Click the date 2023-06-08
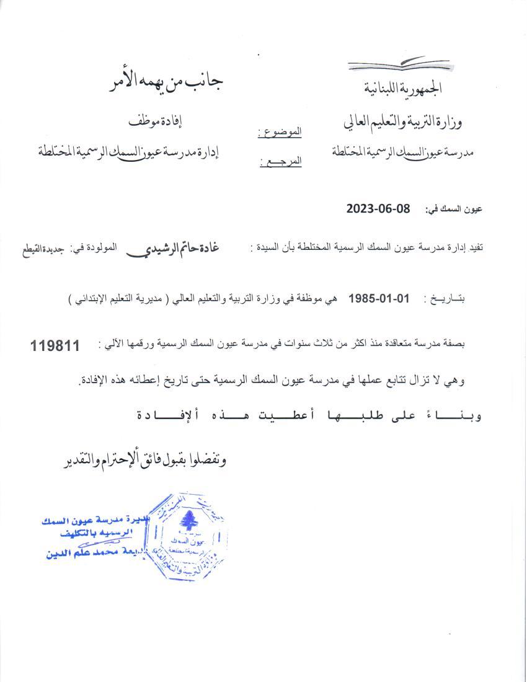[378, 209]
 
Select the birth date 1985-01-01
[379, 298]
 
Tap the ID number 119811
[55, 346]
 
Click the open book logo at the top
[389, 63]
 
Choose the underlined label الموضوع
[280, 132]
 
